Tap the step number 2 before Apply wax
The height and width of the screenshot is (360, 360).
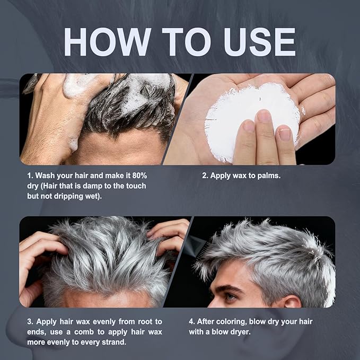pyautogui.click(x=204, y=175)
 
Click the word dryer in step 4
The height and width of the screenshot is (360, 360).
pyautogui.click(x=241, y=332)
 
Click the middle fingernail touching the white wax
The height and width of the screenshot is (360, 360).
pyautogui.click(x=264, y=116)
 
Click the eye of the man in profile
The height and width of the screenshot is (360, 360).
pyautogui.click(x=231, y=296)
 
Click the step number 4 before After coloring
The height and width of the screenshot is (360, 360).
pyautogui.click(x=191, y=321)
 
